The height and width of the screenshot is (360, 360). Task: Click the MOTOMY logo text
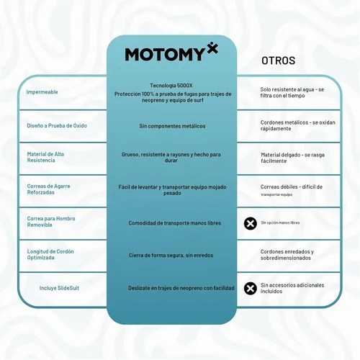point(165,54)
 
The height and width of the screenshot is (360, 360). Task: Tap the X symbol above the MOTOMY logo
point(212,48)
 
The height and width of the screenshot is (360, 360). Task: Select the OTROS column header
point(279,60)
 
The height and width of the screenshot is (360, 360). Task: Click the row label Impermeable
point(42,92)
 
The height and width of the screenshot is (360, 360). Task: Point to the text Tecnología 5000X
point(171,86)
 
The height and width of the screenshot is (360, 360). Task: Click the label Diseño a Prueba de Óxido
point(57,125)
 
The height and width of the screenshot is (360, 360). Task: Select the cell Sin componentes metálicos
point(172,126)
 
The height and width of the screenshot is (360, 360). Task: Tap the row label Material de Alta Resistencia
point(45,157)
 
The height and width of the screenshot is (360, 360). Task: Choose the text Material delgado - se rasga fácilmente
point(293,158)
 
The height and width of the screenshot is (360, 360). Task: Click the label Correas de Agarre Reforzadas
point(48,189)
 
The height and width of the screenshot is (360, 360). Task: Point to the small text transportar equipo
point(276,194)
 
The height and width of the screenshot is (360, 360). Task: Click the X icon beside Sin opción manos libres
point(251,223)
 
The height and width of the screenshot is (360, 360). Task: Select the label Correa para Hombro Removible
point(51,222)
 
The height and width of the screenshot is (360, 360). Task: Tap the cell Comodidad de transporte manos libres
point(175,223)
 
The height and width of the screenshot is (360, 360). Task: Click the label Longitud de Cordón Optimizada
point(50,254)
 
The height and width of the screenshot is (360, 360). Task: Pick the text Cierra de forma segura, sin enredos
point(171,255)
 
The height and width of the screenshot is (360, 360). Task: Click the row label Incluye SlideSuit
point(59,288)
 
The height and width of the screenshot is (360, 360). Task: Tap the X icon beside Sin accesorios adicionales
point(251,288)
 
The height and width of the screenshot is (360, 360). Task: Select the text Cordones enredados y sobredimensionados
point(287,255)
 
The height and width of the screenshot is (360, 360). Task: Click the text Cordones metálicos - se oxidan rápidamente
point(298,125)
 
